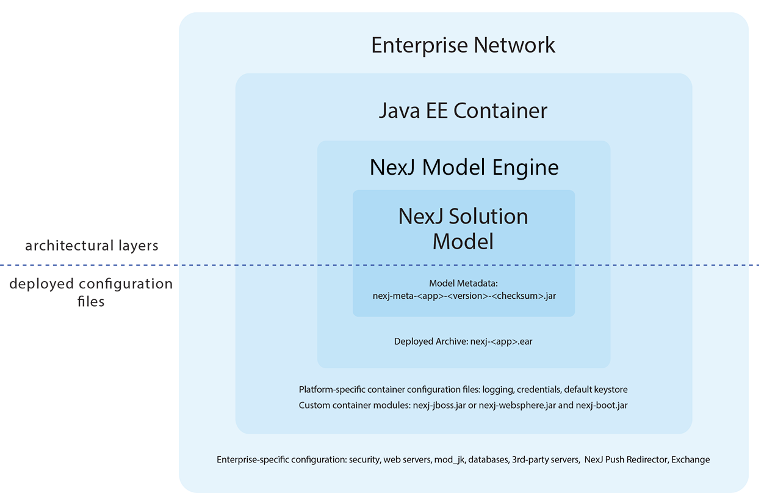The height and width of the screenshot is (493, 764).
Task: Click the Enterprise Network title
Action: tap(463, 45)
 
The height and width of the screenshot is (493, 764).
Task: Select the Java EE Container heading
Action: tap(463, 111)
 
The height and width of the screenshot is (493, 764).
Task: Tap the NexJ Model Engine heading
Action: tap(464, 167)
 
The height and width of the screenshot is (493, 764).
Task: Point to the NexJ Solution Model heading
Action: tap(463, 228)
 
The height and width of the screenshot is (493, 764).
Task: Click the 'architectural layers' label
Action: tap(92, 246)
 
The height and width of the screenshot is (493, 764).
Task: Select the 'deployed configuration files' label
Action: tap(91, 292)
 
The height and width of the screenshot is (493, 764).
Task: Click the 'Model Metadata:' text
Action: tap(463, 283)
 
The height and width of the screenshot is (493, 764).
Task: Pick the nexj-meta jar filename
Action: tap(464, 295)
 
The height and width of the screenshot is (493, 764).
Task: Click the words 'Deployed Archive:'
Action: tap(431, 341)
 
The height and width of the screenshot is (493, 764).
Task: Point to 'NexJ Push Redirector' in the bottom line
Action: tap(625, 459)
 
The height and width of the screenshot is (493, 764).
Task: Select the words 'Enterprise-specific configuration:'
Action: tap(281, 459)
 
